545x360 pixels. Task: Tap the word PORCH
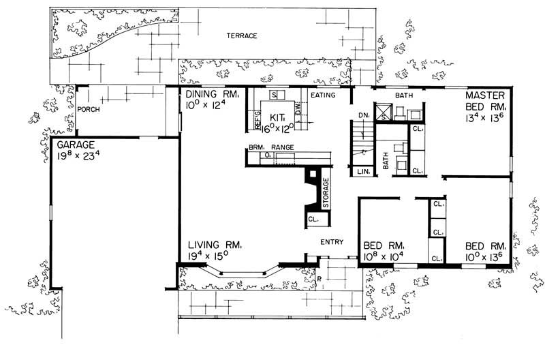(x=89, y=109)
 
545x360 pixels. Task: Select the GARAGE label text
(x=76, y=145)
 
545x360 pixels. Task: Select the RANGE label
(x=283, y=147)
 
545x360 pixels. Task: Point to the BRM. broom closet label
(x=256, y=147)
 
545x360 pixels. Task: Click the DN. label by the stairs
(x=363, y=116)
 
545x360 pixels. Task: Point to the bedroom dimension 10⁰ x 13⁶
(x=484, y=256)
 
